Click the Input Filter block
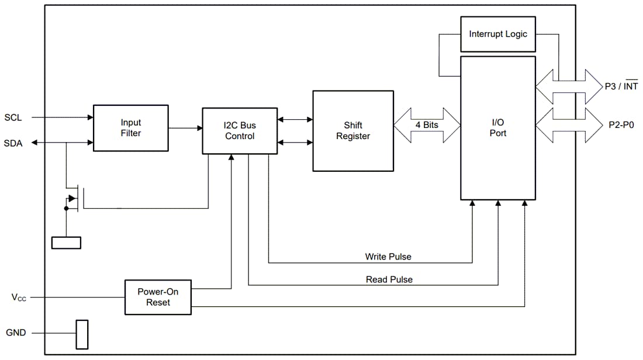click(130, 128)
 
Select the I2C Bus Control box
click(240, 131)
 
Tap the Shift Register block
click(353, 131)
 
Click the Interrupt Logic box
click(497, 34)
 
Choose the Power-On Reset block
click(158, 297)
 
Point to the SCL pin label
click(13, 117)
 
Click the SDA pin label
click(13, 143)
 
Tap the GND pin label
click(16, 333)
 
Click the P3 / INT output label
click(621, 86)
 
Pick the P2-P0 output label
click(620, 124)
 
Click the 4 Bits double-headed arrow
click(427, 124)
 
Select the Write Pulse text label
click(388, 257)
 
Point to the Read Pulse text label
click(389, 279)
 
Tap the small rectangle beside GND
click(82, 334)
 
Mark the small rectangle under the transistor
click(66, 243)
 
